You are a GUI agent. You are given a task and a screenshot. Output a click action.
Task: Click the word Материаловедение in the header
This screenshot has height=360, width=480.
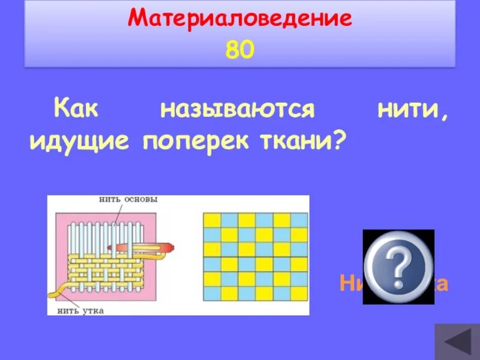(239, 19)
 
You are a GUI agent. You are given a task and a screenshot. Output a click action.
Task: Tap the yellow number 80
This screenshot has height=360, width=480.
(240, 50)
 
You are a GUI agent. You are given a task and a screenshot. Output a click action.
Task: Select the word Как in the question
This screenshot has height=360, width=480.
(76, 110)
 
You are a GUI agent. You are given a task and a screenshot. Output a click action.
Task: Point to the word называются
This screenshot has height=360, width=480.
(237, 110)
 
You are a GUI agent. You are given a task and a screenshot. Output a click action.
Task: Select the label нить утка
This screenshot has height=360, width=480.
(79, 310)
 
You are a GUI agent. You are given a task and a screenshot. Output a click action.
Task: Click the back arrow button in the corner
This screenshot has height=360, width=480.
(456, 343)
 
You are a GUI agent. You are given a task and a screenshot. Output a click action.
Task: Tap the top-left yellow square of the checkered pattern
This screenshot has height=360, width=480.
(212, 220)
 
